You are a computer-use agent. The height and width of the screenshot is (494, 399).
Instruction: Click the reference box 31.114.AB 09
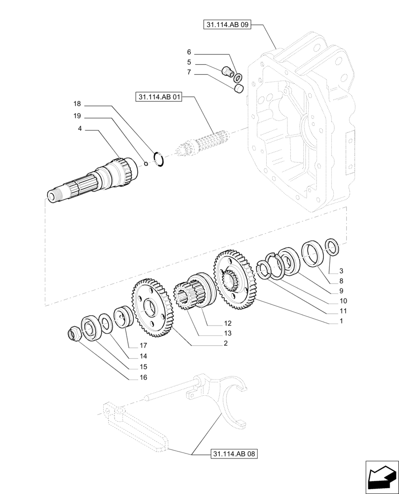click(x=227, y=24)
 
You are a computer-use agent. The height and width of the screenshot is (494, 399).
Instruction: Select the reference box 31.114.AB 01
click(x=158, y=98)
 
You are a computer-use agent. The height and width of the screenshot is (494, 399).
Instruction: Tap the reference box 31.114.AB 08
click(x=235, y=453)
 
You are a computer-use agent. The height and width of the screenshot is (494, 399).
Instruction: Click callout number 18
click(x=77, y=104)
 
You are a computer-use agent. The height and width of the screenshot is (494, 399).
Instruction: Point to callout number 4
click(x=80, y=129)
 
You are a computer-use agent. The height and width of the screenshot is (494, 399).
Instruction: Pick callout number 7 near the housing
click(x=189, y=73)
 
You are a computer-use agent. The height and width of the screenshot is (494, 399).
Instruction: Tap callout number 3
click(x=340, y=271)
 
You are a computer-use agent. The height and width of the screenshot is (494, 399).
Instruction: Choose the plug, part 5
click(x=229, y=72)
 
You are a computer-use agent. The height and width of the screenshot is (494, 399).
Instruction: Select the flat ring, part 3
click(x=332, y=246)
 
